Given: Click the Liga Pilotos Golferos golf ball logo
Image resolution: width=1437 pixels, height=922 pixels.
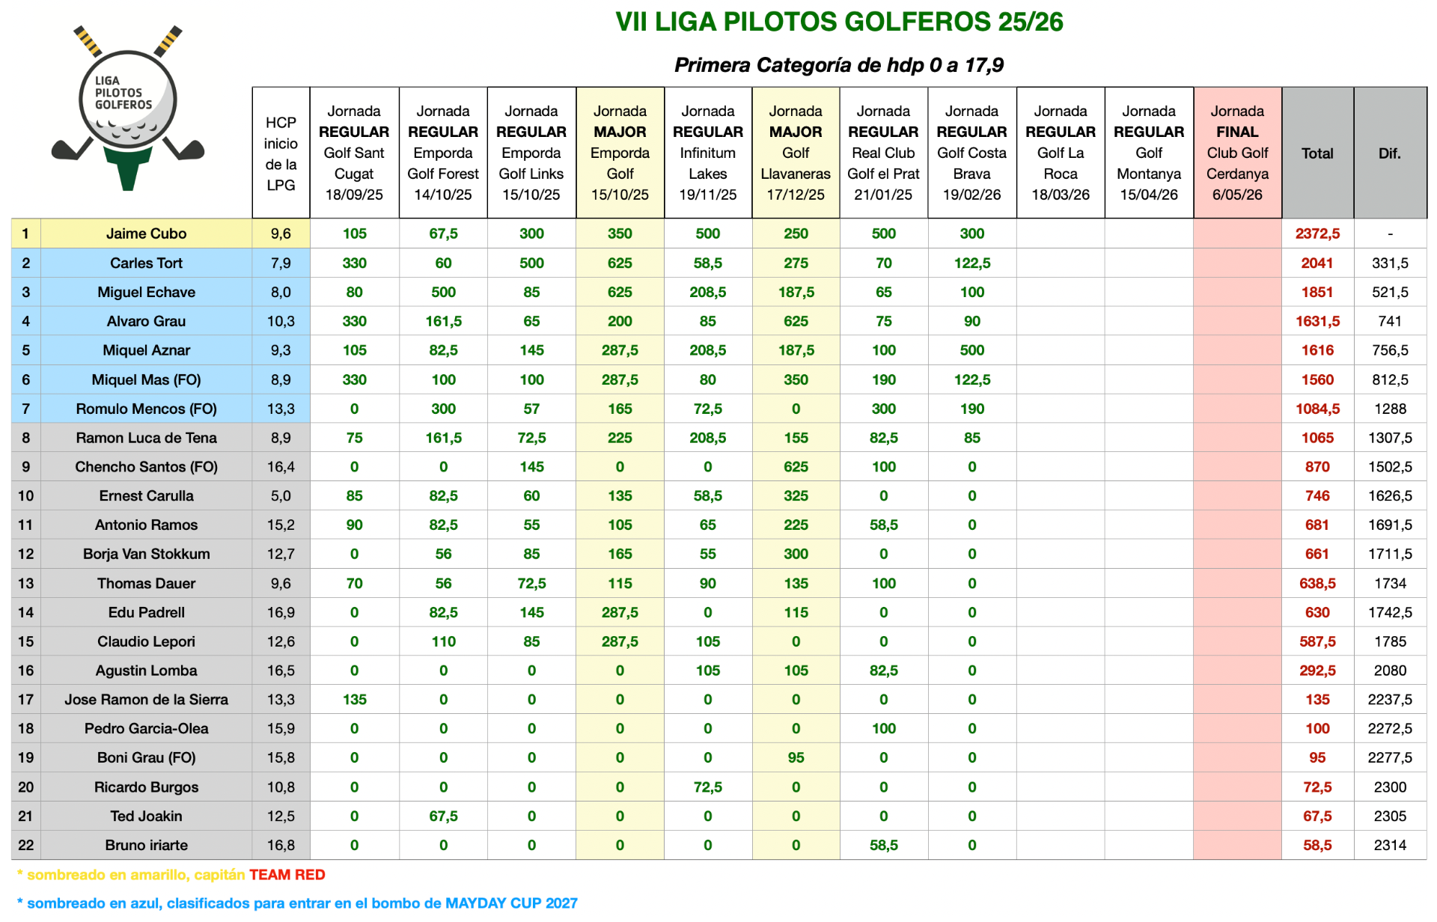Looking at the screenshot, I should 127,105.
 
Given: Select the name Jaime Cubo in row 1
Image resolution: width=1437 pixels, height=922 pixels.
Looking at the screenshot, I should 146,233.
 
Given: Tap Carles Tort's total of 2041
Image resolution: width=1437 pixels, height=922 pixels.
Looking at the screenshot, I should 1317,263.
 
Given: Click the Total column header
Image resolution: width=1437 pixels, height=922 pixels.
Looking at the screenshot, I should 1317,153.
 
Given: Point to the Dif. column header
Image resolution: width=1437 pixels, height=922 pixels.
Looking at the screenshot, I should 1389,153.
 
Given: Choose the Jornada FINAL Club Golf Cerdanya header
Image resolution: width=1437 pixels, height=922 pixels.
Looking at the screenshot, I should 1236,153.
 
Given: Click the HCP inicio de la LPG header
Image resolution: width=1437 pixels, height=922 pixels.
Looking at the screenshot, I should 281,153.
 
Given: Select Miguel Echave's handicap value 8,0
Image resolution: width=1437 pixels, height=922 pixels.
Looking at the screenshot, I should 281,292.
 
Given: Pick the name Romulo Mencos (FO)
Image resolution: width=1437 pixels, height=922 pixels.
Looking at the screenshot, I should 146,409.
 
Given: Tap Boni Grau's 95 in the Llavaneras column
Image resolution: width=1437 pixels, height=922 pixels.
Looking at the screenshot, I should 795,757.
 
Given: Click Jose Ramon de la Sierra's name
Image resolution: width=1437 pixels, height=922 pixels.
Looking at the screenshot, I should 146,700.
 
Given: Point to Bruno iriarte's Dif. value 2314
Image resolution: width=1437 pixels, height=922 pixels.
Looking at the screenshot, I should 1389,845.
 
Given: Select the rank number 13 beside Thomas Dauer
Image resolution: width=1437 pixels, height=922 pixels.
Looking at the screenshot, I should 25,583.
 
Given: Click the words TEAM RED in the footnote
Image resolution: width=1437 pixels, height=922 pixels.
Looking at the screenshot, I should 287,875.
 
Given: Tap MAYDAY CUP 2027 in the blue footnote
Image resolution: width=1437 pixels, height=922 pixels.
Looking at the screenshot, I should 511,903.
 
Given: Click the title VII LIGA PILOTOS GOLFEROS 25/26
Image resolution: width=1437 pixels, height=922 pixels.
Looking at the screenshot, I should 838,22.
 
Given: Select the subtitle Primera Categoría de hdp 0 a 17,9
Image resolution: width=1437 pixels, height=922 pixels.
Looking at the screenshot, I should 838,65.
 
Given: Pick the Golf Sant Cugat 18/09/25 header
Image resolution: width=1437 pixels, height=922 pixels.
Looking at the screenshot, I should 354,153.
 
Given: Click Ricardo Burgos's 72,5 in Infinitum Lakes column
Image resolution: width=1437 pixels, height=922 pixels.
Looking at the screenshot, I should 707,787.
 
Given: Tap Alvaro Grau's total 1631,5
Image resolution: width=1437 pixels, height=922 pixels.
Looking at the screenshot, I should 1317,321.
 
